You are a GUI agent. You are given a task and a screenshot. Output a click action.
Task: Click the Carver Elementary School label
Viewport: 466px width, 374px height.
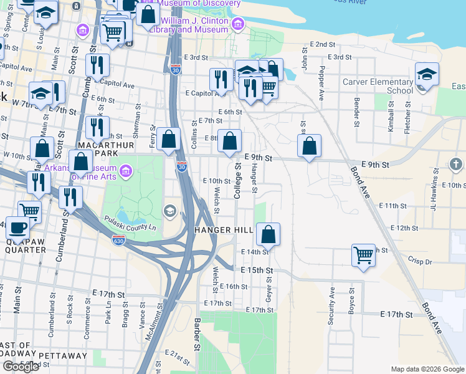[x=378, y=86]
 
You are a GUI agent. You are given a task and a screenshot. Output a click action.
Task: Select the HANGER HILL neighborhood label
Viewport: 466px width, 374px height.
[x=224, y=230]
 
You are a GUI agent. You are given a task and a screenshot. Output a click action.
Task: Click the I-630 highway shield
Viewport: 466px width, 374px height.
[x=118, y=240]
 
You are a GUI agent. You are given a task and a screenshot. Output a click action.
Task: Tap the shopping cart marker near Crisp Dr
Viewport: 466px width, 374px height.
[x=363, y=254]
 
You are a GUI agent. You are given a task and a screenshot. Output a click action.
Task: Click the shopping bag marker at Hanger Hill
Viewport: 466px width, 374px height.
[x=268, y=235]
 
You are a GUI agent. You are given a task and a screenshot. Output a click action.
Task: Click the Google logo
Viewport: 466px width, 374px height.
[x=21, y=367]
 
